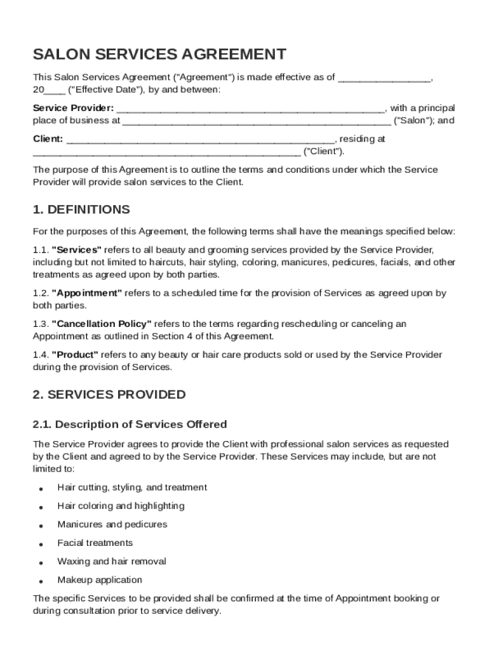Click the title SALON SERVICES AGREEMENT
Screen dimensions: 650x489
(x=159, y=54)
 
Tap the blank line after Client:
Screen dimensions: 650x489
(x=200, y=139)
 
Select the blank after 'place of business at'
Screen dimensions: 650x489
(x=256, y=121)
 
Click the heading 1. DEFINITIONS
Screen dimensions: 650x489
(x=81, y=209)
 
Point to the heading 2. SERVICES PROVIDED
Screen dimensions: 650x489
(x=109, y=394)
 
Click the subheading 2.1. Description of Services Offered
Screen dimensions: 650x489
(x=130, y=424)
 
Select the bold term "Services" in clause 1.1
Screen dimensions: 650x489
(x=76, y=249)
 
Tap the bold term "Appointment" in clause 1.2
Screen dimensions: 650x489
(x=87, y=293)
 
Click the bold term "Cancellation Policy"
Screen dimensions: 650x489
(x=102, y=324)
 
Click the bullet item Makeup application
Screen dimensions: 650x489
(x=100, y=580)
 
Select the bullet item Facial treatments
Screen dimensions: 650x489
(x=95, y=543)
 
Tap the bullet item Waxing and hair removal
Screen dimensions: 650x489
(x=112, y=561)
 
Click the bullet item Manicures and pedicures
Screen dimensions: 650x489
(x=112, y=524)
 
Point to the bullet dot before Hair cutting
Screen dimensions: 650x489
(x=41, y=489)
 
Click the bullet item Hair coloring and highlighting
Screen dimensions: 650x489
(x=121, y=506)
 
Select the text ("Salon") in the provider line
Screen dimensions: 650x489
(x=413, y=121)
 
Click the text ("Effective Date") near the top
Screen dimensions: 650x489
(x=98, y=90)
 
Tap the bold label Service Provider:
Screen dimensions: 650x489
(x=74, y=109)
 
